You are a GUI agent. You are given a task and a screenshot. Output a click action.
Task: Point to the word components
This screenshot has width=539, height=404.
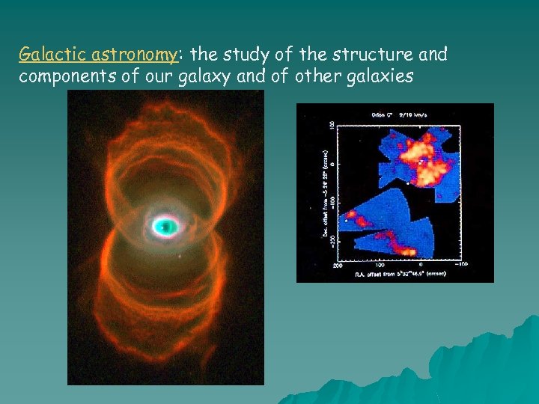coord(60,76)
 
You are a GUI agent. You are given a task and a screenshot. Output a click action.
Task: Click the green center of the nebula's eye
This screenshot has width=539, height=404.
coord(165,225)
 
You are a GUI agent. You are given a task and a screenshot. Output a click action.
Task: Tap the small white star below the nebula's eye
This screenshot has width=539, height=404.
coord(180,256)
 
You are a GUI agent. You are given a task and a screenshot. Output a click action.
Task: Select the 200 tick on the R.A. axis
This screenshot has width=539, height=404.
coord(339,264)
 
